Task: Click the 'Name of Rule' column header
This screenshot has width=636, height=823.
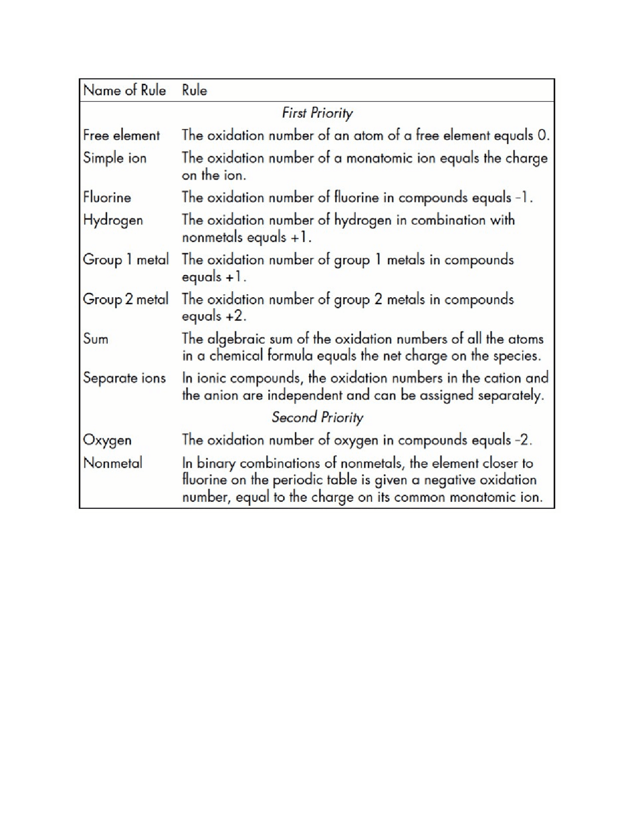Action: point(124,90)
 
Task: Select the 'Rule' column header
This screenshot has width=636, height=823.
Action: point(194,90)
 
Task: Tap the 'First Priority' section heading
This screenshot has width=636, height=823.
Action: point(317,113)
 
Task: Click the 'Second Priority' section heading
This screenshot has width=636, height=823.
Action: point(317,417)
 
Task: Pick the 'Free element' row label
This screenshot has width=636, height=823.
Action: point(121,135)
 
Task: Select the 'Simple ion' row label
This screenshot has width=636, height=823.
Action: point(115,158)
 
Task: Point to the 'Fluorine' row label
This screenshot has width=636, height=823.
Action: point(107,197)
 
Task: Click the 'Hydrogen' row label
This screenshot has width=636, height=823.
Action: point(113,220)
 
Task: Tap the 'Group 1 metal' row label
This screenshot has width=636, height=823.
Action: point(126,259)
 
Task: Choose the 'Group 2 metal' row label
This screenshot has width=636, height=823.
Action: point(126,299)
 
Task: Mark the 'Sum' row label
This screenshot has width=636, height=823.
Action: point(95,339)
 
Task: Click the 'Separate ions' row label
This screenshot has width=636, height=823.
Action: point(124,378)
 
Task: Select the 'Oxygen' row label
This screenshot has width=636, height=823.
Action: point(107,440)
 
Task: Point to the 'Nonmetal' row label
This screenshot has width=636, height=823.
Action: point(113,463)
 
